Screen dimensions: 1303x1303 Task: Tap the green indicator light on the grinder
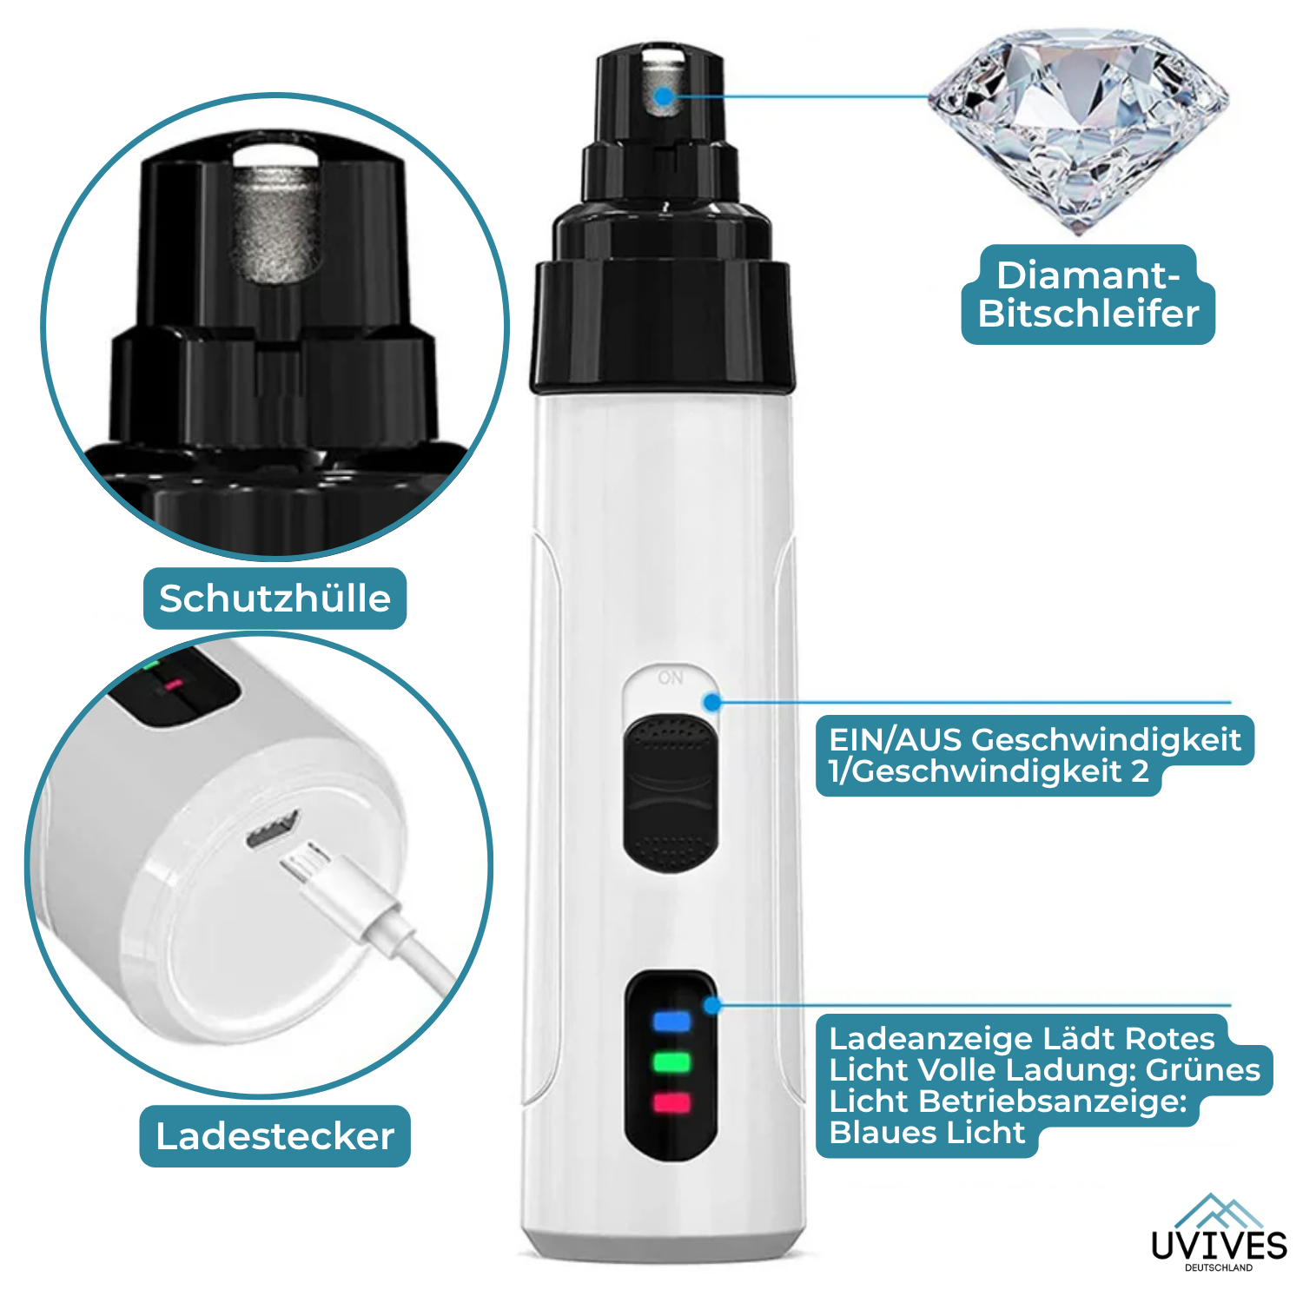671,1062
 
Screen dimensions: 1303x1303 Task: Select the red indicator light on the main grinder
671,1103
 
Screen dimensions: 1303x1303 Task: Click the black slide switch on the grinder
671,792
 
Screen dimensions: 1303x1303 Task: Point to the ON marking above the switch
671,678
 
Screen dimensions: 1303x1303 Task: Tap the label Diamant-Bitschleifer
1088,294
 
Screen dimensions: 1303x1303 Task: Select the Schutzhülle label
274,599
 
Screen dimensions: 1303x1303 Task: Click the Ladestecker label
274,1136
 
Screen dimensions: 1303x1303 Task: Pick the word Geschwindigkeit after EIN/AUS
1106,739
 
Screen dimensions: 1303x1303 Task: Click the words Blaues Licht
927,1133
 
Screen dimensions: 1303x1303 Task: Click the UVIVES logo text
1219,1245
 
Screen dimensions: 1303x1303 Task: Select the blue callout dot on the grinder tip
665,96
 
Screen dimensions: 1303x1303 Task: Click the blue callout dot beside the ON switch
713,702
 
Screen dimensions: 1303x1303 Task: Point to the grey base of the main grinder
665,1244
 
